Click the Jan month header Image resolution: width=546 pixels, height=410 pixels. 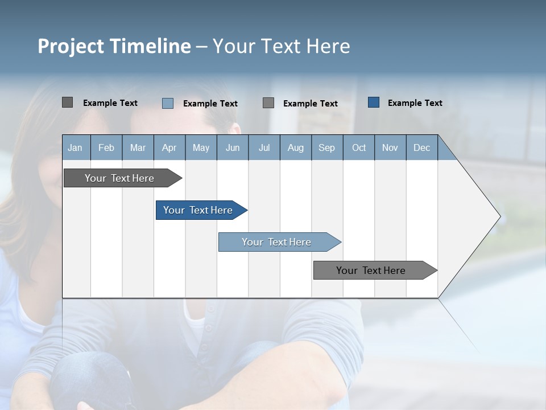pos(75,148)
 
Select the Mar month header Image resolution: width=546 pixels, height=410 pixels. pos(138,148)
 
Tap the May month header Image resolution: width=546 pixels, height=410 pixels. pos(201,148)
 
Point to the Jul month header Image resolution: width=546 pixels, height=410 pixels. pos(264,148)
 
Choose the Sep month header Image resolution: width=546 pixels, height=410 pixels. pos(326,148)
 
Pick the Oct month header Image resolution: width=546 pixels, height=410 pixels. pos(359,148)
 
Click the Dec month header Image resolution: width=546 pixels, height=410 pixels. pos(421,148)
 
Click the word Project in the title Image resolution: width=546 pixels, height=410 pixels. pos(71,46)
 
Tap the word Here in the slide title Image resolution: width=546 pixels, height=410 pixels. pos(328,46)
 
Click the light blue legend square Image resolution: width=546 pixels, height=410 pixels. pos(168,103)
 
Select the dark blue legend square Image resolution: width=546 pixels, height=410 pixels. pos(374,102)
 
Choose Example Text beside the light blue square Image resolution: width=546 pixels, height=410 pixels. pos(210,104)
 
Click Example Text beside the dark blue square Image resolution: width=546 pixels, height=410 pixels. pos(415,103)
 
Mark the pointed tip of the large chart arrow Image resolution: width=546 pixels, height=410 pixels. pos(499,216)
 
